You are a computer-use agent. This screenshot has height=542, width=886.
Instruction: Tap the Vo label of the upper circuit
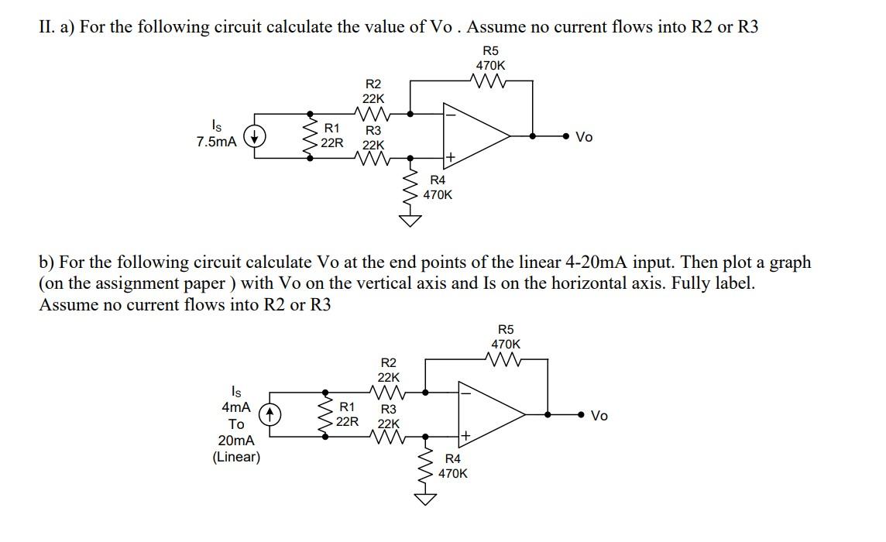585,137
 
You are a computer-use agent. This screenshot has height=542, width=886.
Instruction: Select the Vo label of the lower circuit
600,416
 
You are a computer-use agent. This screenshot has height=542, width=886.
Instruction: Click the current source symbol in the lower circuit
270,416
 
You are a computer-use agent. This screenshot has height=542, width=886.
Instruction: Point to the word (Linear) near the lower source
236,457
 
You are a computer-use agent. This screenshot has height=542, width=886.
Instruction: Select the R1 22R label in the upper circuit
332,135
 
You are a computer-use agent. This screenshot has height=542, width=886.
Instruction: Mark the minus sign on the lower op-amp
465,393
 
